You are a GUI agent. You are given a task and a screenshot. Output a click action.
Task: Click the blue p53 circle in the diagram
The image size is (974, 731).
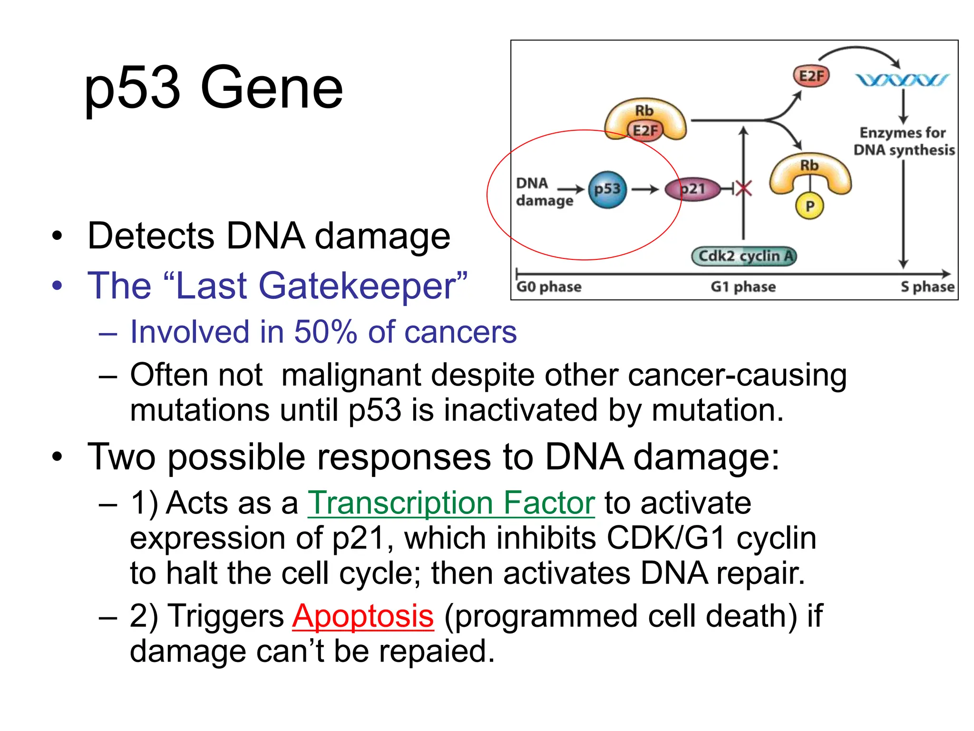tap(607, 189)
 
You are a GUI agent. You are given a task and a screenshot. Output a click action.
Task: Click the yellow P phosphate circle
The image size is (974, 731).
tap(809, 206)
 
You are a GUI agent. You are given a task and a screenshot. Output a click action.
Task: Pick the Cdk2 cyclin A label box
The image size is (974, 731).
tap(744, 256)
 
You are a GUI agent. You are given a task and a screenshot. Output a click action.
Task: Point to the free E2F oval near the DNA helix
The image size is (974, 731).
tap(811, 76)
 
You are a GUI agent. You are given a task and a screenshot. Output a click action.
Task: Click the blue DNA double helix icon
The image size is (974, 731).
tap(902, 80)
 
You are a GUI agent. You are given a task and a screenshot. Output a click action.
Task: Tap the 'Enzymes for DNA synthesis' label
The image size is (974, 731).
tap(904, 141)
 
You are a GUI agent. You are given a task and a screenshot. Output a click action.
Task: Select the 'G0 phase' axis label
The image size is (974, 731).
tap(549, 287)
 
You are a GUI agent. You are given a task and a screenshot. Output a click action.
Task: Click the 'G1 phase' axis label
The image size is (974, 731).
tap(743, 287)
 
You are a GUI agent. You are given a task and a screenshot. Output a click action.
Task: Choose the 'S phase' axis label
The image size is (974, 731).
tap(927, 287)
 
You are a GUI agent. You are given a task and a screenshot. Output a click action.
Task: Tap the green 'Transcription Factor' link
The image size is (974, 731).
tap(451, 503)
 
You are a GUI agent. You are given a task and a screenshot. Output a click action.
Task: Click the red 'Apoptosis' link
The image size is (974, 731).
tap(363, 616)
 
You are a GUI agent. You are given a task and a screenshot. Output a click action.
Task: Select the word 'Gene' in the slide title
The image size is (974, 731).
tap(272, 89)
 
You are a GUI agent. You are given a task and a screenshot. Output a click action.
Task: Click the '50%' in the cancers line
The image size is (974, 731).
tap(325, 332)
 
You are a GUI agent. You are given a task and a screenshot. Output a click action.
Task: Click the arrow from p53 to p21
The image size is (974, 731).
tap(644, 189)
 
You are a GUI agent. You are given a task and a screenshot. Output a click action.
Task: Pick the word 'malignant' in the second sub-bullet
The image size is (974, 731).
tap(351, 375)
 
